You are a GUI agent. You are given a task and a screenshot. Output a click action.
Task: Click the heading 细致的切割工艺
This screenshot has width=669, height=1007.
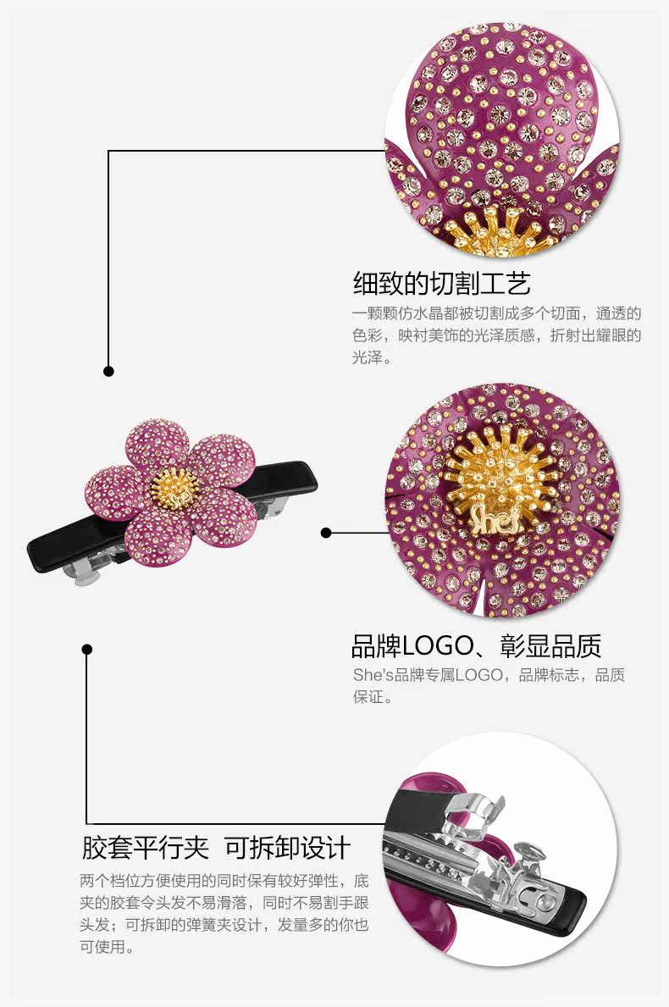tap(441, 283)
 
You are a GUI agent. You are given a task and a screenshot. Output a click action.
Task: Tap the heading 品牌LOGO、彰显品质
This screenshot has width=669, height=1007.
tap(476, 646)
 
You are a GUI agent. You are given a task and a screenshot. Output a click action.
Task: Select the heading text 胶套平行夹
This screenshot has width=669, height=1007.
tap(144, 848)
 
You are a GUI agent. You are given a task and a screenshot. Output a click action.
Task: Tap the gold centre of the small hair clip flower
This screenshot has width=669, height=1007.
tap(174, 484)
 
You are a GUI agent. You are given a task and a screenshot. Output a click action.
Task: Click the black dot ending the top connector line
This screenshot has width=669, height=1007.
tap(108, 371)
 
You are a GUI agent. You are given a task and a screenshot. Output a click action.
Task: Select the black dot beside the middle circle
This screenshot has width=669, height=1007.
tap(326, 533)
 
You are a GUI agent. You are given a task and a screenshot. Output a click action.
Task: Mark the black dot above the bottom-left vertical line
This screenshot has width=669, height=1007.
tap(86, 650)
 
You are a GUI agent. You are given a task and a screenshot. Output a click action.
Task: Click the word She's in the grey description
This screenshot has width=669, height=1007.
tap(371, 676)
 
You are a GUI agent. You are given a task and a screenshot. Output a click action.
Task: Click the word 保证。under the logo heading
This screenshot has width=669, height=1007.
tap(373, 698)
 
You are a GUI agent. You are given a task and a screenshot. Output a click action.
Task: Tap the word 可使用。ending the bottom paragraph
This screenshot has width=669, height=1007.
tap(108, 947)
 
